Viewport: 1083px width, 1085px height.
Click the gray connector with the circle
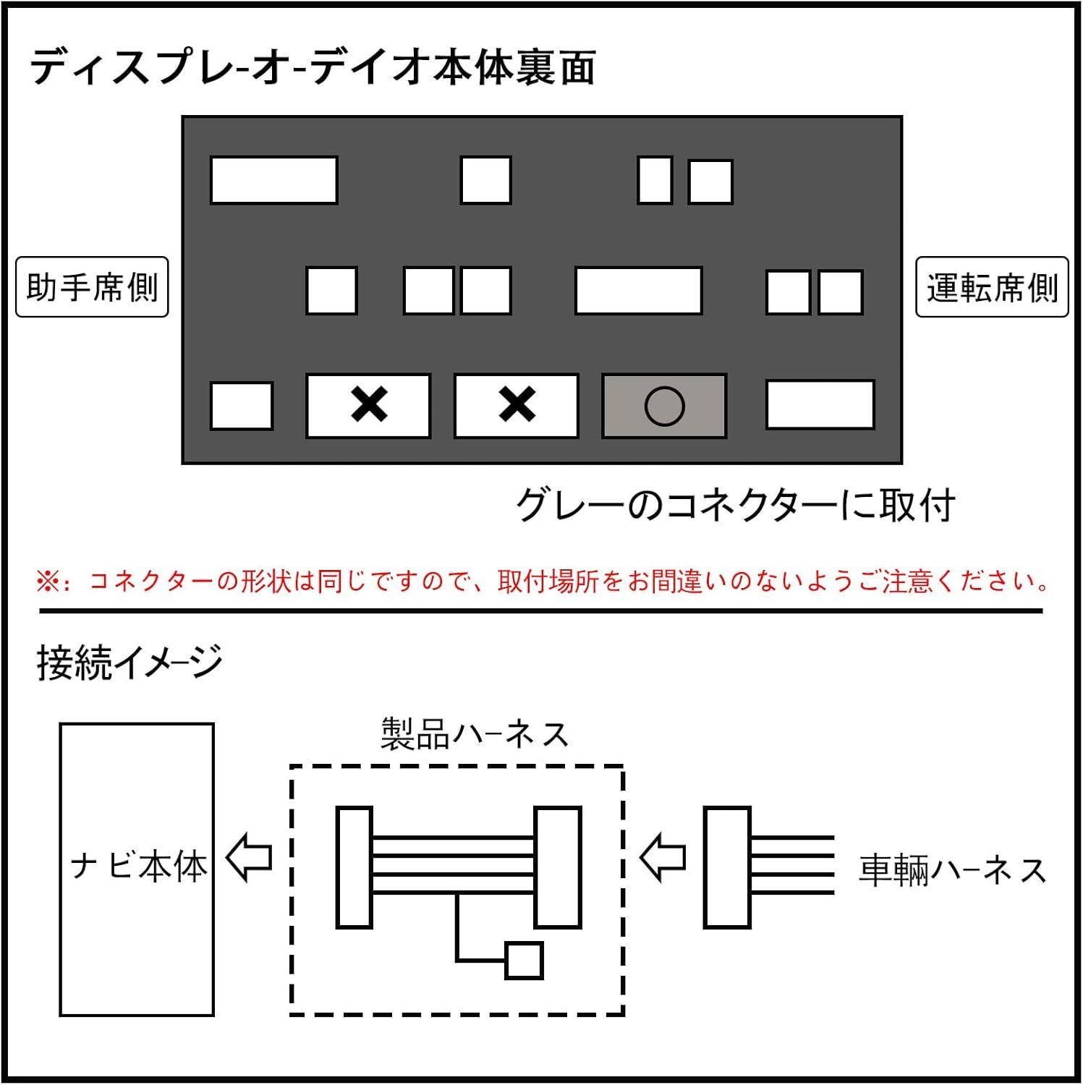(663, 406)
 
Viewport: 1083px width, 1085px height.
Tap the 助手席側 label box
(92, 287)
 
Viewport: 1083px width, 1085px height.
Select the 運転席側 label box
(992, 287)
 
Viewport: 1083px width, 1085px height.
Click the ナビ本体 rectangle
(137, 869)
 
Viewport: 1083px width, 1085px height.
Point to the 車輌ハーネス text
(952, 870)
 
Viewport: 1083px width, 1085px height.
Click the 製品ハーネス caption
(475, 735)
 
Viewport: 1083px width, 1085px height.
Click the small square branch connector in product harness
(524, 961)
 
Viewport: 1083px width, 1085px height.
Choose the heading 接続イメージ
(129, 662)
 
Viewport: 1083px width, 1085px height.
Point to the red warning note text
(543, 581)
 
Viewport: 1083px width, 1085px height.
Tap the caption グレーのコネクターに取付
(735, 505)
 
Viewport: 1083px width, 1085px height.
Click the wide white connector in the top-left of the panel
(273, 180)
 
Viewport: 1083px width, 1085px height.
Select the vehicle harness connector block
(726, 867)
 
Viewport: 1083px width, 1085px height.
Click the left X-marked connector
(368, 406)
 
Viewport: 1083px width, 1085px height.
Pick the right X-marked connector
(516, 406)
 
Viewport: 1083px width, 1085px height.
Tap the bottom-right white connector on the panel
(820, 405)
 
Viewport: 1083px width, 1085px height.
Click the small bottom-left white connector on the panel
(241, 406)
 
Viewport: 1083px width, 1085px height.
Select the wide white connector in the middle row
(638, 291)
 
